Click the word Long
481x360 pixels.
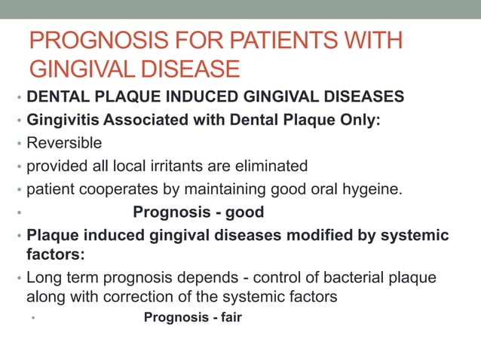[x=42, y=277]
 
